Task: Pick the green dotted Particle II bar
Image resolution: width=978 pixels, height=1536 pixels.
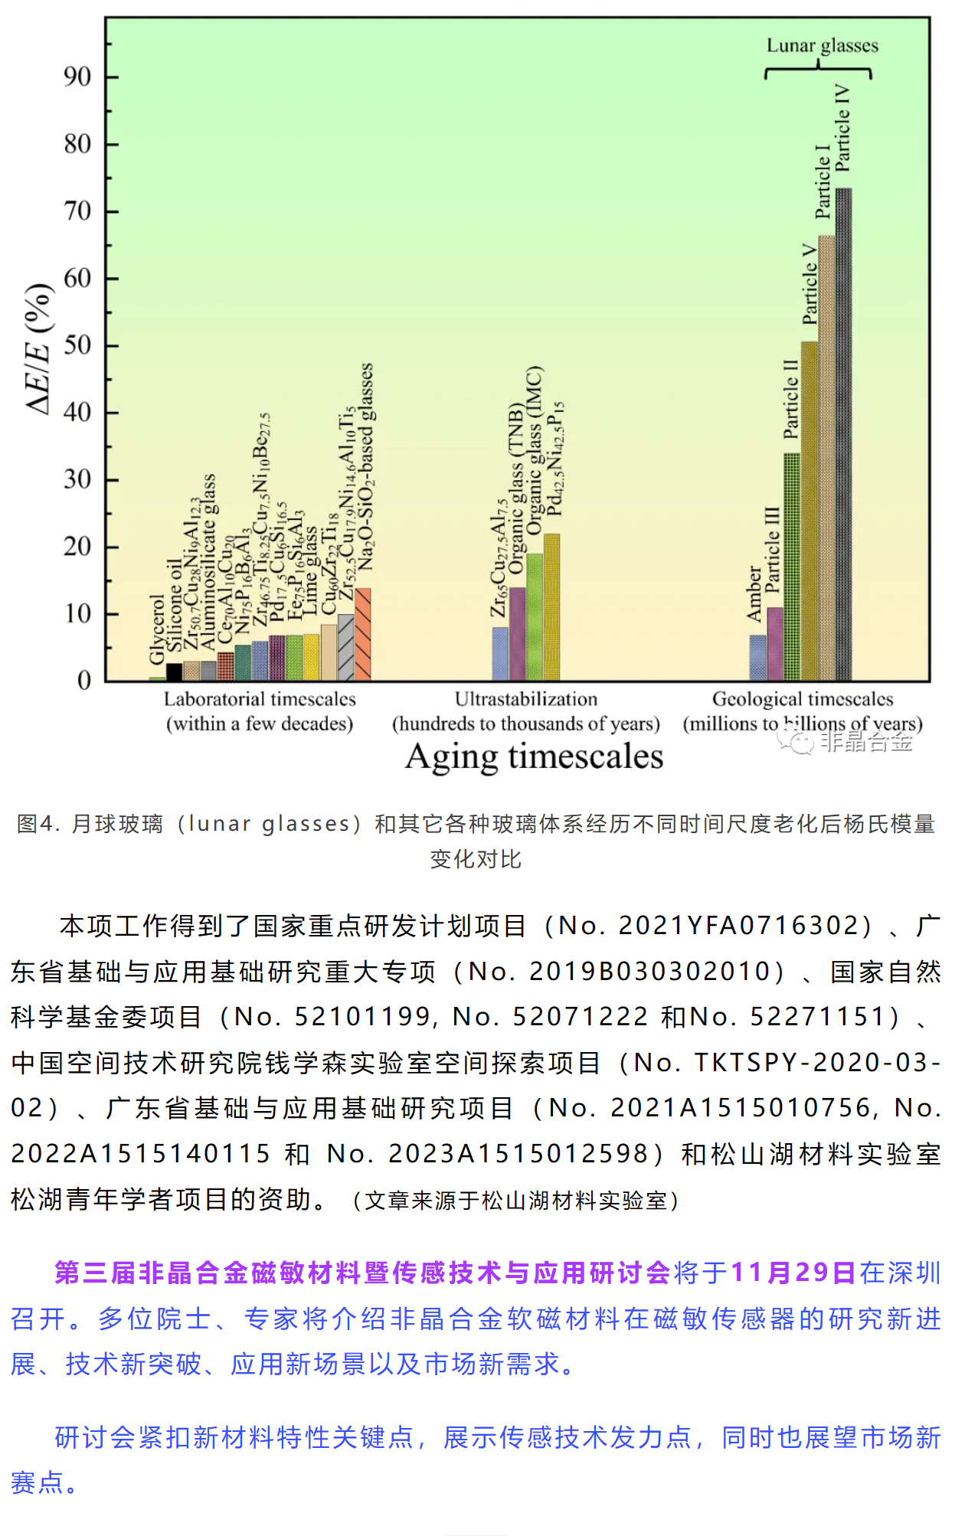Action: click(792, 567)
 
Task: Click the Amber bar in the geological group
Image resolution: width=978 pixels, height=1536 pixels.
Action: click(757, 658)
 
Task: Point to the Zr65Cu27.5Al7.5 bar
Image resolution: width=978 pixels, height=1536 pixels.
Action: click(500, 654)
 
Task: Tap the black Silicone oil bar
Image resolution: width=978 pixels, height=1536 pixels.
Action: click(175, 672)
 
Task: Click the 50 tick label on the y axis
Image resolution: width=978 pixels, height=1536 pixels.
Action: click(77, 345)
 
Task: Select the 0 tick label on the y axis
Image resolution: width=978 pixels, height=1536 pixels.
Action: click(84, 681)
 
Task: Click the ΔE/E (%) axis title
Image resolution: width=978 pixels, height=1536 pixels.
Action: click(39, 349)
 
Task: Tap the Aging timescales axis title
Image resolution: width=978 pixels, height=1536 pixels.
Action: click(534, 757)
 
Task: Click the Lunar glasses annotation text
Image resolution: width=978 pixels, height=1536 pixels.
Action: click(822, 46)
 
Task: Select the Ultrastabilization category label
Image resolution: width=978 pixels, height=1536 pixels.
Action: click(526, 699)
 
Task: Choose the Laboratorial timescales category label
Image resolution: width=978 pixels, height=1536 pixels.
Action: click(260, 699)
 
